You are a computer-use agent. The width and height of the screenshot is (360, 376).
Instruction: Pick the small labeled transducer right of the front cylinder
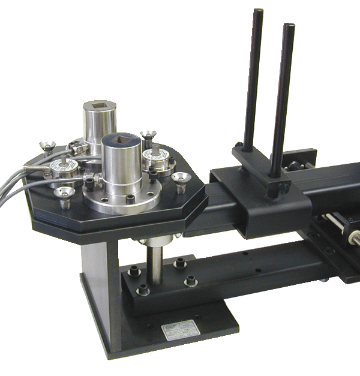pyautogui.click(x=156, y=159)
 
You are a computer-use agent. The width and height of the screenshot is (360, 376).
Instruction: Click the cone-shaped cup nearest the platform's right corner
pyautogui.click(x=179, y=177)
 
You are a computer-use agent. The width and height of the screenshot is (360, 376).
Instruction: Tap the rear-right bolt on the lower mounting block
pyautogui.click(x=179, y=263)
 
